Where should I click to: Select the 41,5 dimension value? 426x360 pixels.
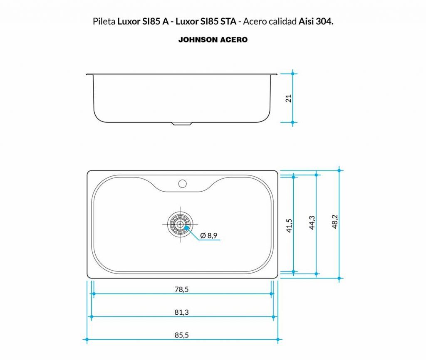(x=290, y=225)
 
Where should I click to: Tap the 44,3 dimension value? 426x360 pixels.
(x=312, y=223)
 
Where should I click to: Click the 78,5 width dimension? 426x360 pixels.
(x=182, y=289)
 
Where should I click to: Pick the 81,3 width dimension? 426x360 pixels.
(x=182, y=312)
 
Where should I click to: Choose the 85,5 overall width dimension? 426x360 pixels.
(x=182, y=335)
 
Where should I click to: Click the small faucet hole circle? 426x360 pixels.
(x=182, y=183)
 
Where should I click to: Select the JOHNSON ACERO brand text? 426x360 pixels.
(x=213, y=40)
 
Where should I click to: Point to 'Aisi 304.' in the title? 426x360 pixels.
(x=316, y=22)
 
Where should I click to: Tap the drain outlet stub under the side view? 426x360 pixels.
(x=182, y=123)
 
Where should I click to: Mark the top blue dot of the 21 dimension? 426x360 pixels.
(x=293, y=74)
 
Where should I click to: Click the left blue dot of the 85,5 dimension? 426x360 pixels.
(x=87, y=340)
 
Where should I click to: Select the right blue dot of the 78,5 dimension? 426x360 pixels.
(x=271, y=294)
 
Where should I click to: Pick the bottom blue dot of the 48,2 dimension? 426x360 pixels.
(x=339, y=278)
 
